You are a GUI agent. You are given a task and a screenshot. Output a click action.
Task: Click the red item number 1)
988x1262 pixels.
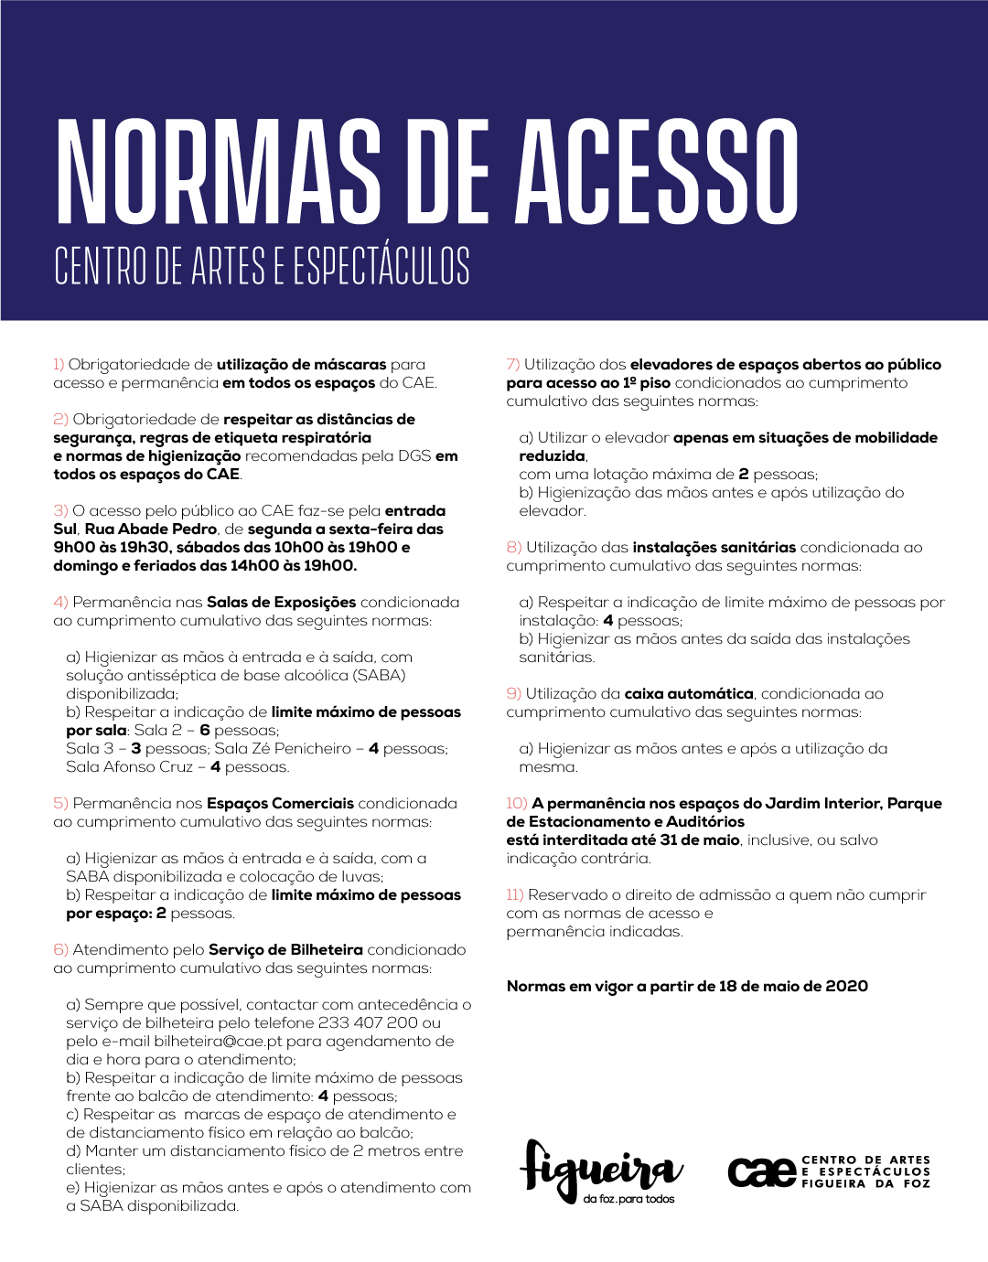pyautogui.click(x=59, y=365)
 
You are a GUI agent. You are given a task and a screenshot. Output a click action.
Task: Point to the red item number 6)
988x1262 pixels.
pyautogui.click(x=60, y=950)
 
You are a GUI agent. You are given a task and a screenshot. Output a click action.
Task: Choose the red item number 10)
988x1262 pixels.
pyautogui.click(x=517, y=804)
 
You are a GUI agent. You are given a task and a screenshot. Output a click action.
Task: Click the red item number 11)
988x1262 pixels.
pyautogui.click(x=515, y=895)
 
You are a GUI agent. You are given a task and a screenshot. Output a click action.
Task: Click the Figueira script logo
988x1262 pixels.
pyautogui.click(x=599, y=1168)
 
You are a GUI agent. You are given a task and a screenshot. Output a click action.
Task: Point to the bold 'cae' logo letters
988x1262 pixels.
pyautogui.click(x=762, y=1171)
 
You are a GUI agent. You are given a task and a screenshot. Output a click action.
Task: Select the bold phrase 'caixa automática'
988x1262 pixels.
pyautogui.click(x=689, y=694)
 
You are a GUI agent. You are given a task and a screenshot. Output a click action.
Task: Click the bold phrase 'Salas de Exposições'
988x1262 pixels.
pyautogui.click(x=282, y=603)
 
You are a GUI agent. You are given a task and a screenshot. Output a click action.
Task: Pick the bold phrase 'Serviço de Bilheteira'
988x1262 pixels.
pyautogui.click(x=285, y=950)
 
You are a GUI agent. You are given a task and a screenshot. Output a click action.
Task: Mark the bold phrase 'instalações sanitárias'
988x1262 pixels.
pyautogui.click(x=714, y=548)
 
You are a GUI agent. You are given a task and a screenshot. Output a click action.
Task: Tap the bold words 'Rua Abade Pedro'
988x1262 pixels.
pyautogui.click(x=151, y=529)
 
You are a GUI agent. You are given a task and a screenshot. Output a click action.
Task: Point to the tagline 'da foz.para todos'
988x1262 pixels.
pyautogui.click(x=628, y=1200)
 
